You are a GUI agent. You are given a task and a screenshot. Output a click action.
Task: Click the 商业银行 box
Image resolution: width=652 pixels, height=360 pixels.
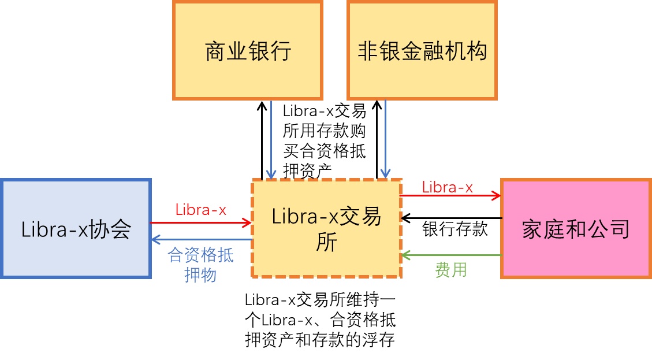coord(248,50)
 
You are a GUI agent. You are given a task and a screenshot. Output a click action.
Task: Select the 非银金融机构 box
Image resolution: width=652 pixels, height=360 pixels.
coord(422,50)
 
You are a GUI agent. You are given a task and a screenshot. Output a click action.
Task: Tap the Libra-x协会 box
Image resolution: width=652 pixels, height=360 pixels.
coord(76,228)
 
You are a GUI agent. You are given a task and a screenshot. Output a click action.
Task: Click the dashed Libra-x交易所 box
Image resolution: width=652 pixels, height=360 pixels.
coord(326,228)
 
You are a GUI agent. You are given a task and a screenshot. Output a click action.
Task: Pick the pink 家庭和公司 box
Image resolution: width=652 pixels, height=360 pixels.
coord(576,228)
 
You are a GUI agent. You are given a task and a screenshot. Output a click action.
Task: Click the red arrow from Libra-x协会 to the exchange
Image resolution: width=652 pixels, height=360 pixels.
coord(201,222)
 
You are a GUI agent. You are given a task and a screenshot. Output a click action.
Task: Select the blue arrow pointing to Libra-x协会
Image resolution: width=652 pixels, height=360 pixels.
coord(202,239)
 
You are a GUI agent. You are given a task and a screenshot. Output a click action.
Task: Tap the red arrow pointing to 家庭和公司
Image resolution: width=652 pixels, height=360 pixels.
coord(451,195)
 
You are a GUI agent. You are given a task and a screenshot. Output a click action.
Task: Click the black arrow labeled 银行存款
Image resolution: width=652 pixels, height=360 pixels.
coord(452,218)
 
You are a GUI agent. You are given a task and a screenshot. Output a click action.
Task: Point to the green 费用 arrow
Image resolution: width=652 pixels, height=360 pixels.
coord(452,255)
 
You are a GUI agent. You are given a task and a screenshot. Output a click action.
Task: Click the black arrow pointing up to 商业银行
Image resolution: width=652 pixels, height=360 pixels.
coord(262,140)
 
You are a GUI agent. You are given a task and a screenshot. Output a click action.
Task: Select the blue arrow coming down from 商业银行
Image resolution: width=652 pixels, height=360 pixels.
coord(271,140)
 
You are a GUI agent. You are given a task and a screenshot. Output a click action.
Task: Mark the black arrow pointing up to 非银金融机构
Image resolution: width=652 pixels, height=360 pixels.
coord(377,140)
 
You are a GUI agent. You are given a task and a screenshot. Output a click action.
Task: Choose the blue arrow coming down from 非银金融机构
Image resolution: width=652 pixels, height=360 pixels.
coord(385,140)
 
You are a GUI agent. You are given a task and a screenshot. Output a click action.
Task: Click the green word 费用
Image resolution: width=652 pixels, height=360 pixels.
coord(451,270)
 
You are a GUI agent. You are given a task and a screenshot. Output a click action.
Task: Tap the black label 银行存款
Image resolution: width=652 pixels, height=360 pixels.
coord(455,229)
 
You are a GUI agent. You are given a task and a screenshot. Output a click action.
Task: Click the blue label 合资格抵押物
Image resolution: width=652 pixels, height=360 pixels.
coord(200,265)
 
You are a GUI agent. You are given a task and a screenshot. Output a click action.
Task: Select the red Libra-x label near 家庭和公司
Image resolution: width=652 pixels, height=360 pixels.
coord(448,187)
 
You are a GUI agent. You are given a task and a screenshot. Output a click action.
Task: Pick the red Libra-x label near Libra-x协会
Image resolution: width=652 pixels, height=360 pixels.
coord(201,210)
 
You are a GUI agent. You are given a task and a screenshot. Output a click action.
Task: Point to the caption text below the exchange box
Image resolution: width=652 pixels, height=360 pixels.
coord(320,320)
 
